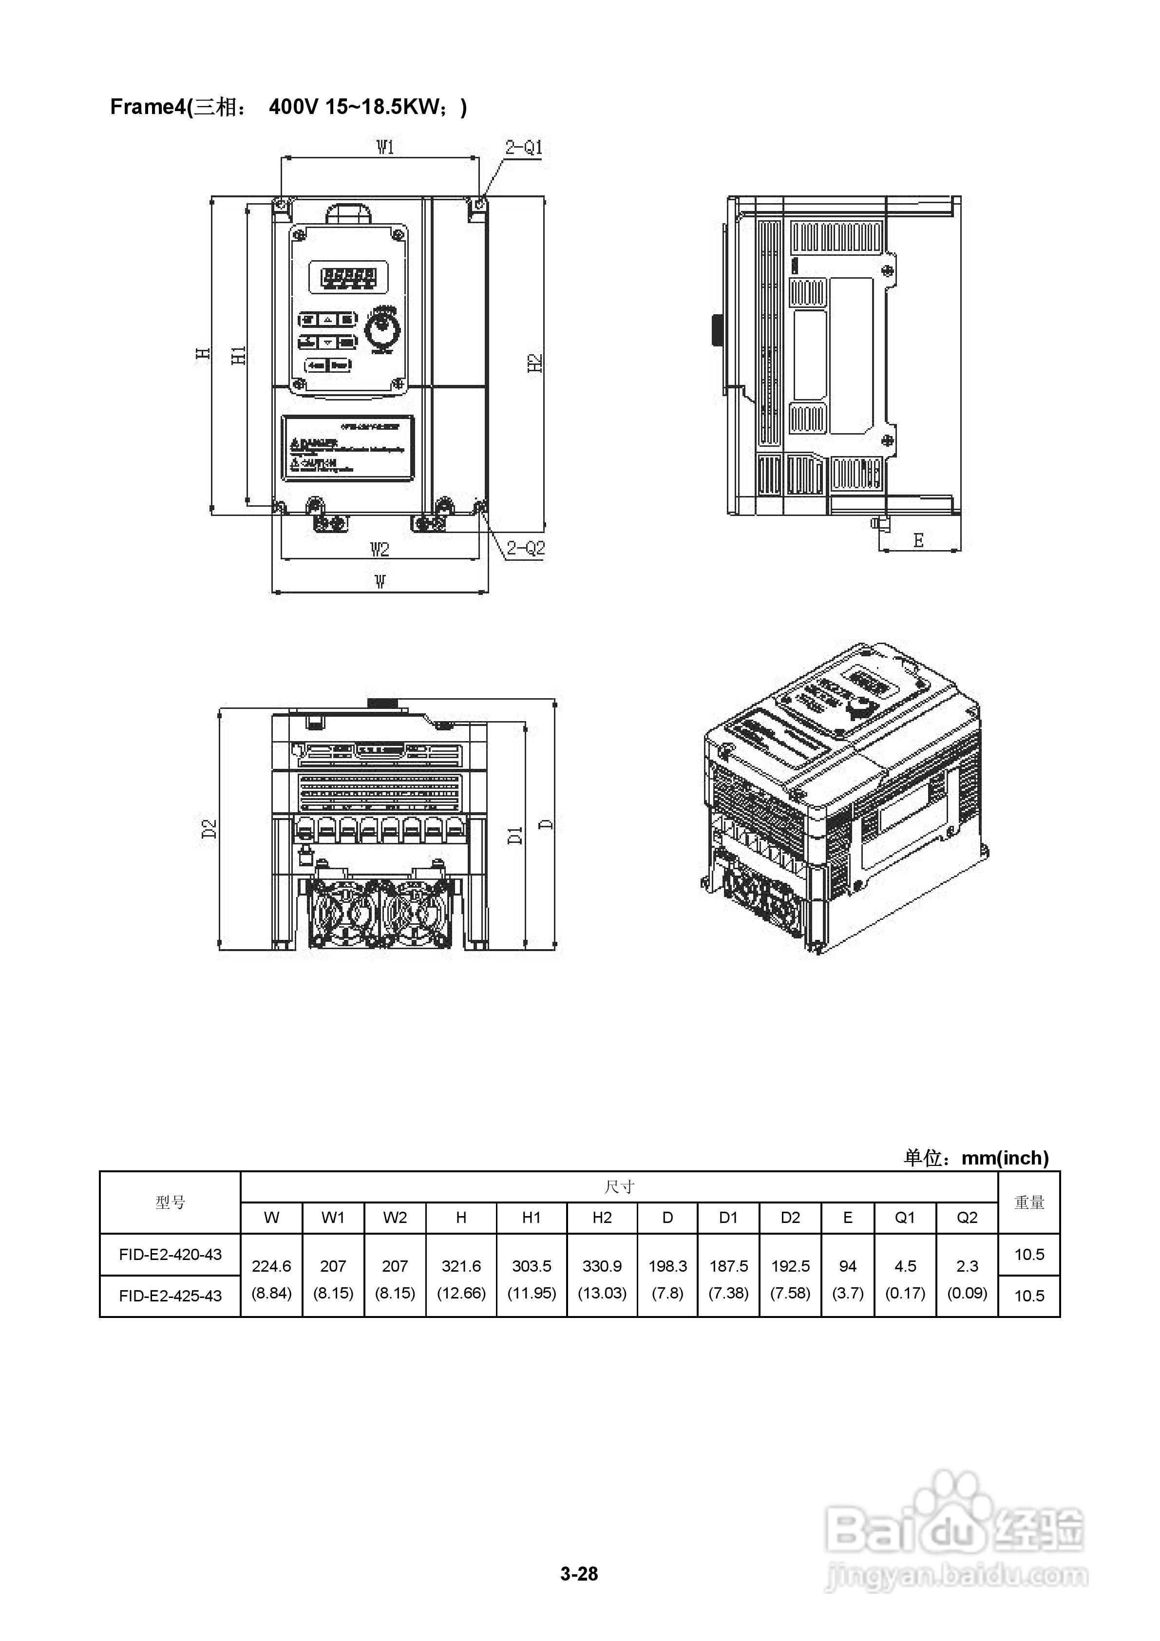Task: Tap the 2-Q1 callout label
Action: pos(524,148)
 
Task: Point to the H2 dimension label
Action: pos(535,363)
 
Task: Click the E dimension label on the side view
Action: pos(918,540)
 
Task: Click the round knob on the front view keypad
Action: pos(382,331)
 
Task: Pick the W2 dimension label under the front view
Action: pos(380,549)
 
